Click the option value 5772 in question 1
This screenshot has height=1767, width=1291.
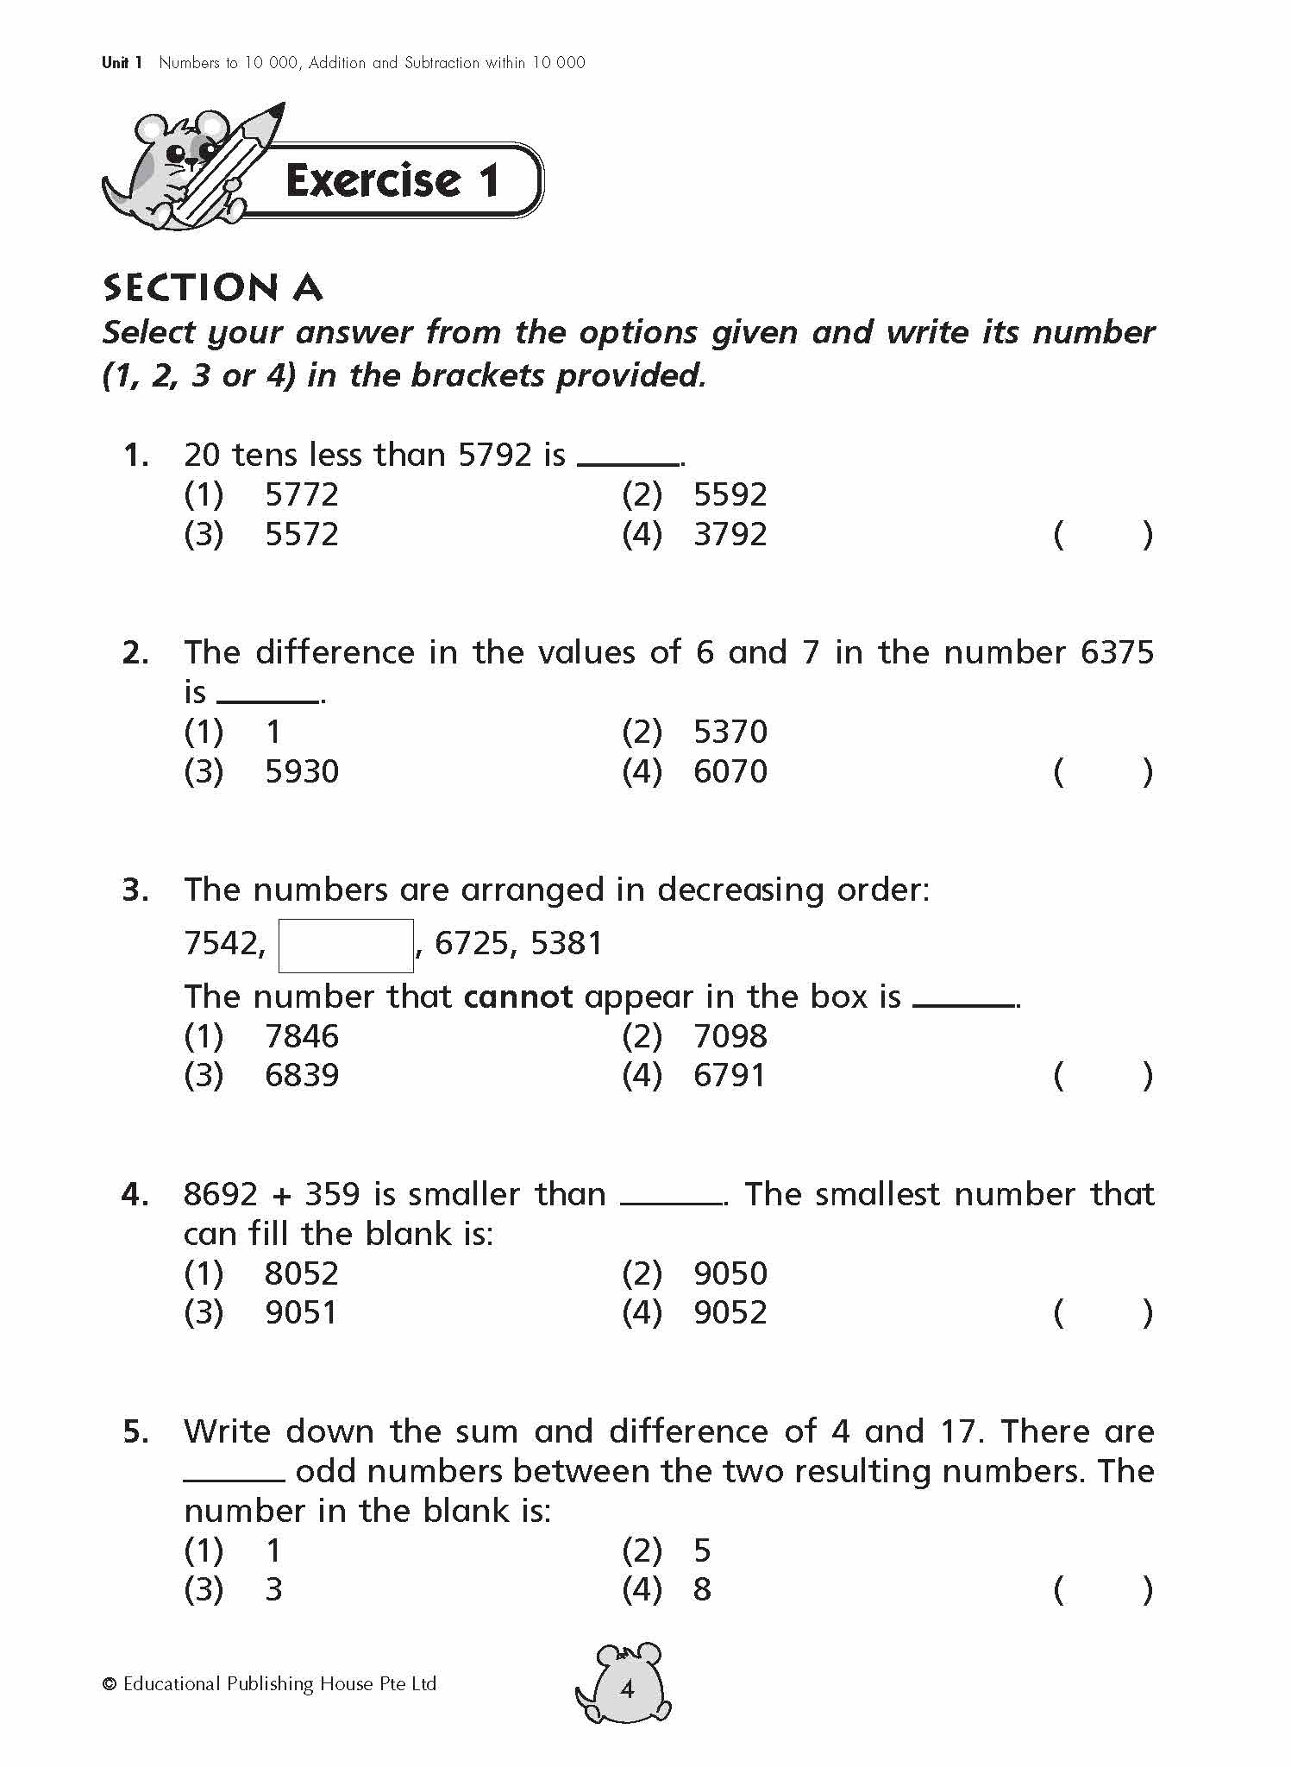[301, 494]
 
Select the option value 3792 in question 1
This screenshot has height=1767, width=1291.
[730, 534]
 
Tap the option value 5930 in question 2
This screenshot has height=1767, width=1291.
[301, 771]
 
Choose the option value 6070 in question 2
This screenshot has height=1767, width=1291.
[730, 771]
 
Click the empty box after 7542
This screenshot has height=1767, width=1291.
[345, 946]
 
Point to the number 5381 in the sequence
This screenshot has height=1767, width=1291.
[566, 943]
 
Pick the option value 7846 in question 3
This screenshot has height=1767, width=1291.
[301, 1035]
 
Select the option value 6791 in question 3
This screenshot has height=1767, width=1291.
[730, 1075]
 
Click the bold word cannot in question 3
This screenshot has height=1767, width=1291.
[517, 997]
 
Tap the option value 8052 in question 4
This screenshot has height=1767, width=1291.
[301, 1273]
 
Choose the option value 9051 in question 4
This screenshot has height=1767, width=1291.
[301, 1312]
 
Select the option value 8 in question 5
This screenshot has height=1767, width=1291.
[702, 1589]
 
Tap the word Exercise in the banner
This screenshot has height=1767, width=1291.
[373, 180]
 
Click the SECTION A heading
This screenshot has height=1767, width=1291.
[212, 288]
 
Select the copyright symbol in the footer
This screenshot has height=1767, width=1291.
[110, 1684]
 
